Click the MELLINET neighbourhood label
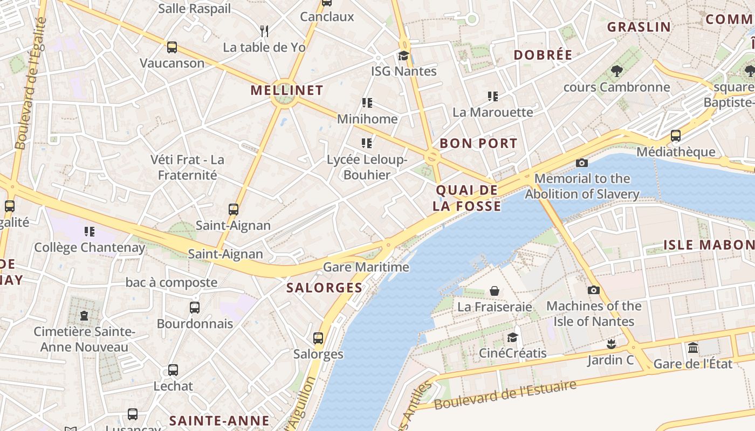287,91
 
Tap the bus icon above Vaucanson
171,47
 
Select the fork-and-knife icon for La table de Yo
264,31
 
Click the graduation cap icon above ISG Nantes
403,55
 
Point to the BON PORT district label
478,143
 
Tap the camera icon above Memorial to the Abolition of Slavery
581,163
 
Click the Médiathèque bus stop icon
675,136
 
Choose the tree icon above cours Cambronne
616,71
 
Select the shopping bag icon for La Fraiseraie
495,291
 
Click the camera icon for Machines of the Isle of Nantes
593,290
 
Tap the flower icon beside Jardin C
610,344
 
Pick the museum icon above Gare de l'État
693,347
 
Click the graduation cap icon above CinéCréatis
512,338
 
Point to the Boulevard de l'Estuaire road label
505,395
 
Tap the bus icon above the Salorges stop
318,338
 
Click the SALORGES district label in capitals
325,288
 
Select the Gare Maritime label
366,267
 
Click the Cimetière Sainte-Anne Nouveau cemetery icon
84,315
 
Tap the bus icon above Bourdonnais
195,308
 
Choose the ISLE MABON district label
709,245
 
